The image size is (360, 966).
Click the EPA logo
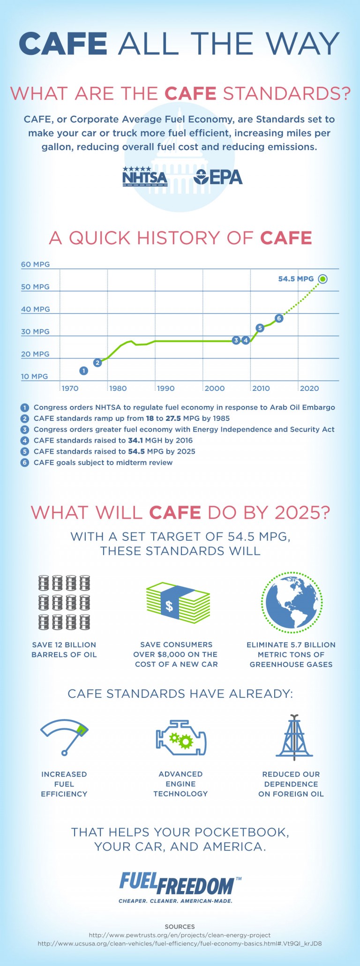[218, 177]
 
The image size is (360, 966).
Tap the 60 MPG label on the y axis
[35, 264]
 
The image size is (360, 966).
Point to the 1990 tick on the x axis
[165, 388]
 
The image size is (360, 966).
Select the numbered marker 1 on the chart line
[83, 371]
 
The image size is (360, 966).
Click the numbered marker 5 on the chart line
[260, 328]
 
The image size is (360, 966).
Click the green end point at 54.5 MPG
[322, 279]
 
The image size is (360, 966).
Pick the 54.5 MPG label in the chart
[296, 279]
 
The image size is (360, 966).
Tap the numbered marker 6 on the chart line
[279, 318]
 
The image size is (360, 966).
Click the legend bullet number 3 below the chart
[25, 429]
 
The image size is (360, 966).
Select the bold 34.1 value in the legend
[135, 441]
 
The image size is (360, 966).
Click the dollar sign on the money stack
[170, 606]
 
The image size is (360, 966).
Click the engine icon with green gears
[180, 739]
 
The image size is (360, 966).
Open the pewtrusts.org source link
[180, 935]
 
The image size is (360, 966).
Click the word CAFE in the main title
[63, 44]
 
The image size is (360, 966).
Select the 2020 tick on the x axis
[309, 388]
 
